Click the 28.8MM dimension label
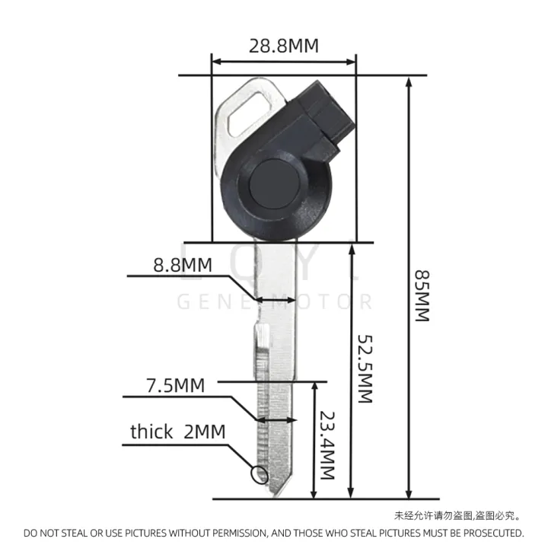(283, 46)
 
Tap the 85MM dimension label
(421, 295)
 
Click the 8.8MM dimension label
(182, 266)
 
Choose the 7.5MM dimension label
(176, 385)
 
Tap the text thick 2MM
(177, 432)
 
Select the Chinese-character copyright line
(457, 516)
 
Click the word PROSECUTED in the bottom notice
(485, 533)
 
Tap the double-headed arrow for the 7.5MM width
(276, 419)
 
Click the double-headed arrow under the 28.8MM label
(283, 61)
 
